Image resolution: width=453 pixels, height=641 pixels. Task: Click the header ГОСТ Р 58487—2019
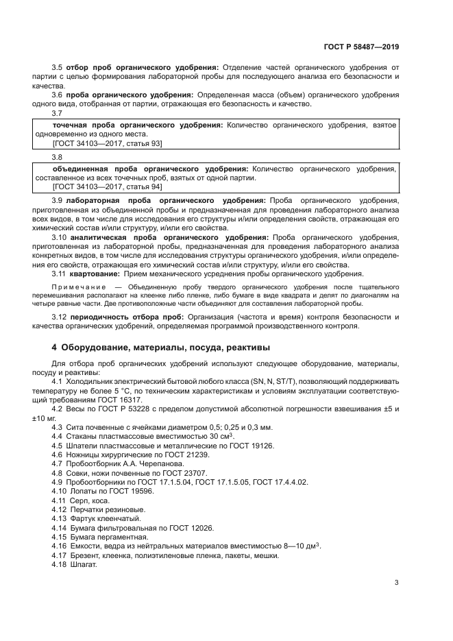361,47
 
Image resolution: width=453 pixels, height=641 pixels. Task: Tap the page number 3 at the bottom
396,583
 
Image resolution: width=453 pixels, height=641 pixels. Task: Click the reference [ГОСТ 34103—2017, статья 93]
107,143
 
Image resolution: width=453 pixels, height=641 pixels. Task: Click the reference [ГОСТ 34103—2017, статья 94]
107,186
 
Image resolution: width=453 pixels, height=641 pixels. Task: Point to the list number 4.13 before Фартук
59,519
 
